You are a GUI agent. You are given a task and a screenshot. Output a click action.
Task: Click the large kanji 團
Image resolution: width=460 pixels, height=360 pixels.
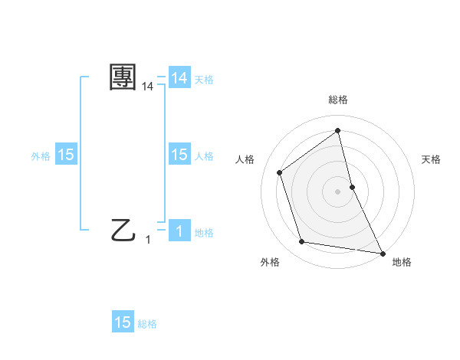(123, 77)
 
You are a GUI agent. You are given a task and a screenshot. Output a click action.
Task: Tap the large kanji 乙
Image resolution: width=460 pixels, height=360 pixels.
(123, 229)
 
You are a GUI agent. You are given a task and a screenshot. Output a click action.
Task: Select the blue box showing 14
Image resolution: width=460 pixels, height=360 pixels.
(179, 78)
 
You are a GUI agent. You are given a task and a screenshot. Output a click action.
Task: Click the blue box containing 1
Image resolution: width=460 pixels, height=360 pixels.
(179, 231)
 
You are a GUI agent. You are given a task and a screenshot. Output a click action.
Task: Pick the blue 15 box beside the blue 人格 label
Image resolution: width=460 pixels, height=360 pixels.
(179, 155)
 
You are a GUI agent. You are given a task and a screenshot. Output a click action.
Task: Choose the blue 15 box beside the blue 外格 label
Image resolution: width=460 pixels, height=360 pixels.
(66, 155)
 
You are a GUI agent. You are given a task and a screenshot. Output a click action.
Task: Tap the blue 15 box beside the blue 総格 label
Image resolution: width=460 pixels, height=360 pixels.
(123, 322)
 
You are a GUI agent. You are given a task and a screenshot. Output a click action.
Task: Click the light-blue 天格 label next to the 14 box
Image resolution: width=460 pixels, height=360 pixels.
(204, 79)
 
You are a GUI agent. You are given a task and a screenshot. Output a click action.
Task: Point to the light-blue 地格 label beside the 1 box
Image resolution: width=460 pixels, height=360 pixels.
(204, 233)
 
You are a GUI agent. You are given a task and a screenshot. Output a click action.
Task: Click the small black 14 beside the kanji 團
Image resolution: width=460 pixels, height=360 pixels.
(147, 88)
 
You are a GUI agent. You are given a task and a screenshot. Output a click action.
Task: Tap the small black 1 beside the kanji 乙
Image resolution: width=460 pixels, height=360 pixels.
(148, 240)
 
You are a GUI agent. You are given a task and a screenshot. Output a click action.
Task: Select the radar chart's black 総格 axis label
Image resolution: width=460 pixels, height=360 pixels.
(338, 100)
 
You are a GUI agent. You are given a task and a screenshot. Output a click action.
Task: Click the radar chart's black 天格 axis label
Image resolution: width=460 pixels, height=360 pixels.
(431, 159)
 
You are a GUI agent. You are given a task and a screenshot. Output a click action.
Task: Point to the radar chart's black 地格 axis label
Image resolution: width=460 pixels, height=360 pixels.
(402, 262)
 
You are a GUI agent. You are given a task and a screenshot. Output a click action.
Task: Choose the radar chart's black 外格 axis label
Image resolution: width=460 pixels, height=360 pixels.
(270, 262)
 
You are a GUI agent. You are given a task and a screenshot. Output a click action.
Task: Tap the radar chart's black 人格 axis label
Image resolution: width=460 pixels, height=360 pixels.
(245, 159)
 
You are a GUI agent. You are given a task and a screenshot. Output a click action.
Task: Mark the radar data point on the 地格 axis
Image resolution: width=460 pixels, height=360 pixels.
(382, 252)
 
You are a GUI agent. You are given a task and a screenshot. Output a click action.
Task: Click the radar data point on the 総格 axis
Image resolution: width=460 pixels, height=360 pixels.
(338, 130)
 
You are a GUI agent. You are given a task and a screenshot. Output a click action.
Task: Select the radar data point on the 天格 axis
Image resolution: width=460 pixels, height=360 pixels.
(352, 187)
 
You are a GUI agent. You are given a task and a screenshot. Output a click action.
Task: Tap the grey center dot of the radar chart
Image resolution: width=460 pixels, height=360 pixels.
(338, 191)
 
